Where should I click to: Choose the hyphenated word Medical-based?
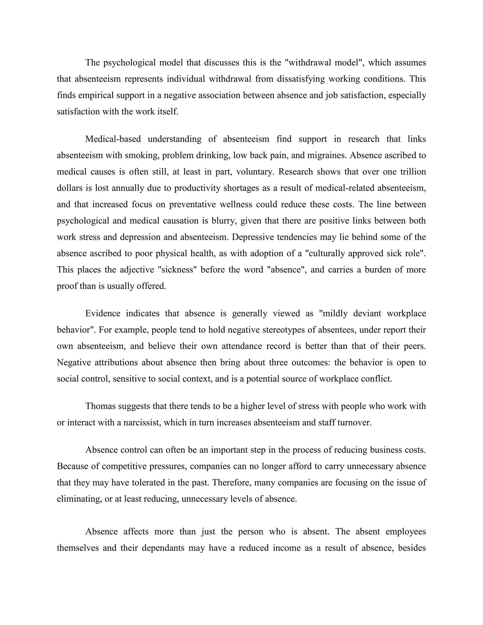click(113, 139)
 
